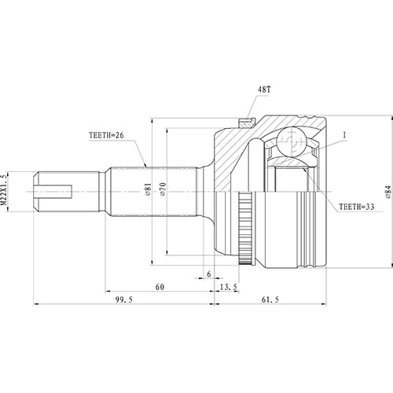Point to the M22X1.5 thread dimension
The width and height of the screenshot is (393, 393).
point(6,190)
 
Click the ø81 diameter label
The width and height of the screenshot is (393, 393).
point(148,189)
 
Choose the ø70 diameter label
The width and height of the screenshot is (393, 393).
point(163,189)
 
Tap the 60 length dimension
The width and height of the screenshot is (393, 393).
point(160,288)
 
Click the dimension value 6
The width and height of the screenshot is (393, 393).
point(209,274)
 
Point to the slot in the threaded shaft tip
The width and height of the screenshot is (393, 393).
point(55,189)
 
